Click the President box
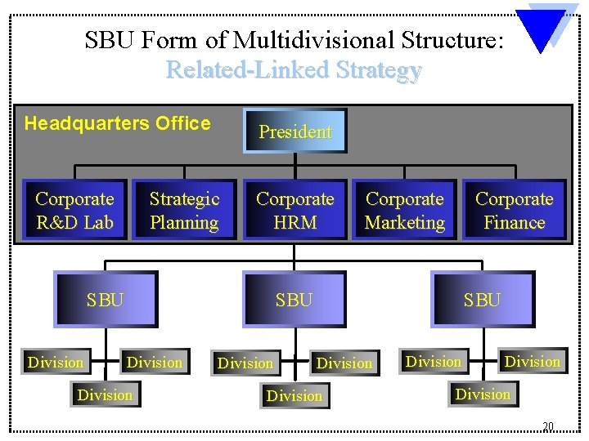tap(295, 131)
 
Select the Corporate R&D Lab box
tap(74, 211)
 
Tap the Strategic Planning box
tap(184, 211)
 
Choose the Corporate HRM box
tap(294, 211)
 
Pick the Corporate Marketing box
tap(405, 211)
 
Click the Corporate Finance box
tap(514, 211)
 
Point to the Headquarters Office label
tap(118, 124)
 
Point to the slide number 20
tap(548, 426)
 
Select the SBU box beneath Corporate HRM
tap(294, 300)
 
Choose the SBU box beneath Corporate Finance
tap(482, 300)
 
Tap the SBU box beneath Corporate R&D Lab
tap(106, 300)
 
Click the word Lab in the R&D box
tap(100, 222)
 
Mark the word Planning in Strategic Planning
tap(184, 222)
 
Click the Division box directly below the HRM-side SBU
tap(294, 396)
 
